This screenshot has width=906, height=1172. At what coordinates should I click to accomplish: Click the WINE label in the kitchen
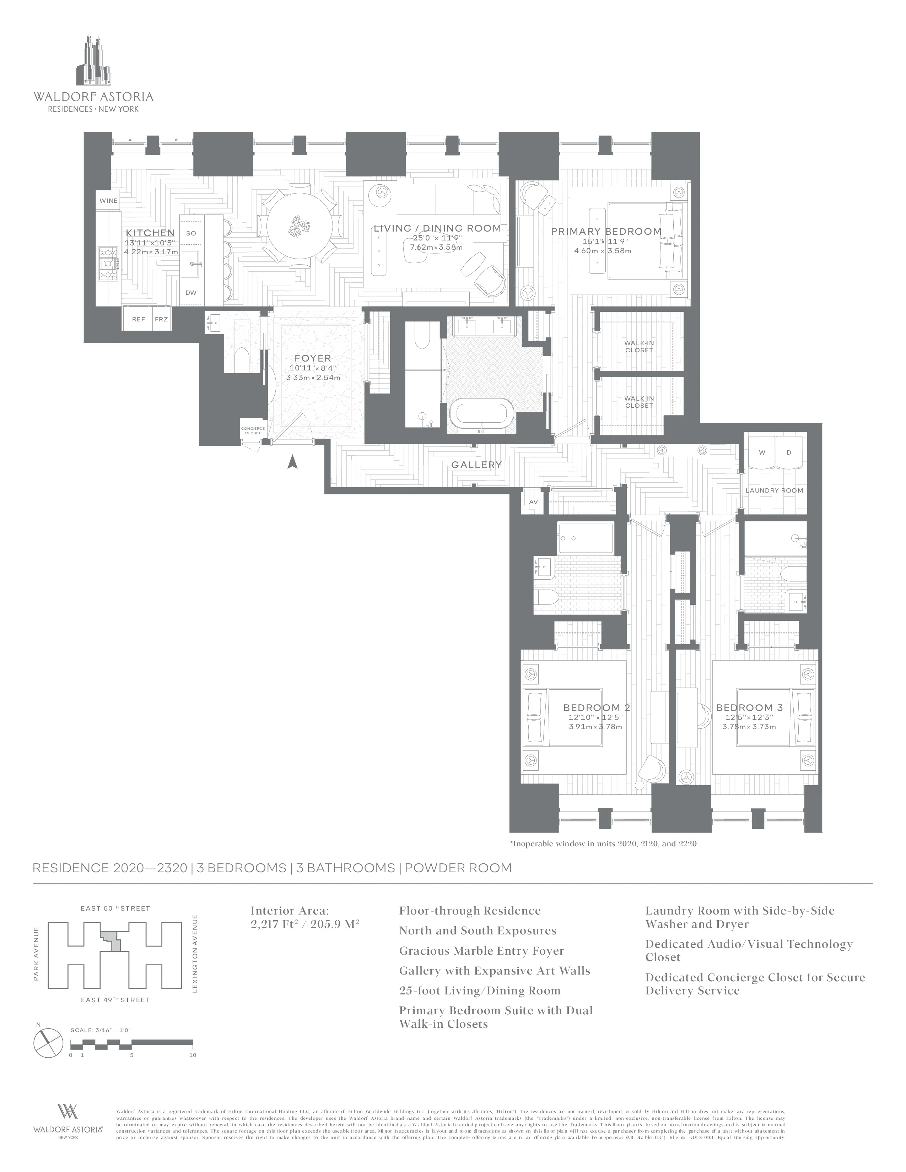click(x=108, y=201)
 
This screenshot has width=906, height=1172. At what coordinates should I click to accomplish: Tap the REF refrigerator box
click(x=139, y=319)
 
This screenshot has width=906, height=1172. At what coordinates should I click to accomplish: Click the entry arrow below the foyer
click(x=292, y=461)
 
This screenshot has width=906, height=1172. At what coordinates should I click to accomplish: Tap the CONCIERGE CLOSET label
click(x=253, y=431)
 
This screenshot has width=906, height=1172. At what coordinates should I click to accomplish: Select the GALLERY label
click(x=476, y=465)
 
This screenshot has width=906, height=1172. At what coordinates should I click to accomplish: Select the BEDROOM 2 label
click(x=596, y=708)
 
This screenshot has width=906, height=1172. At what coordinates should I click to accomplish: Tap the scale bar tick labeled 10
click(x=193, y=1055)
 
